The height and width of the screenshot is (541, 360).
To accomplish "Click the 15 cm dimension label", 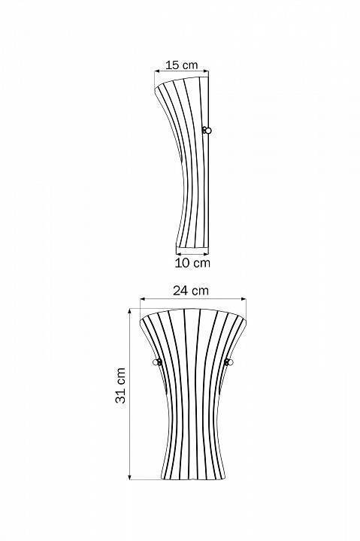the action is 182,65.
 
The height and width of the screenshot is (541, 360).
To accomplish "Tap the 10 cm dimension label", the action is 192,262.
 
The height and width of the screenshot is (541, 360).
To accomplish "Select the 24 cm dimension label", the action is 191,291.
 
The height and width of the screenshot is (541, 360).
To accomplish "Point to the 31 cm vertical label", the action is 120,385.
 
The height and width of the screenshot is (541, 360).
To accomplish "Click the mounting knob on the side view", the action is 207,131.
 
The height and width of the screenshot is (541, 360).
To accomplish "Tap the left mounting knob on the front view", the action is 157,362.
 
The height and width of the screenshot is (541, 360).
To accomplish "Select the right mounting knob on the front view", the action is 228,362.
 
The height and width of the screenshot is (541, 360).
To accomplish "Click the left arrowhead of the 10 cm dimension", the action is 179,255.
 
